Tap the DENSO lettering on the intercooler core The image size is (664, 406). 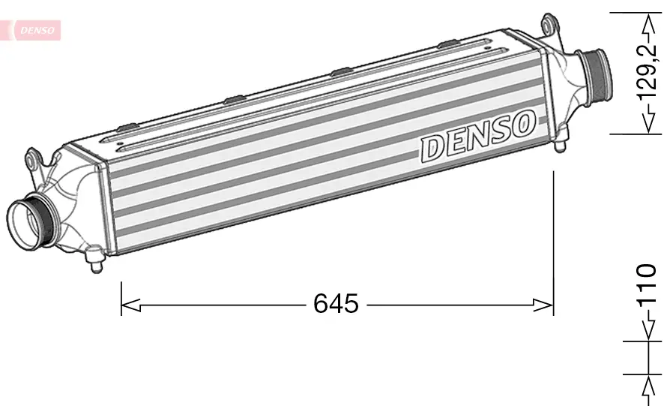(478, 136)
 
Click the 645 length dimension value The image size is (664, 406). (336, 304)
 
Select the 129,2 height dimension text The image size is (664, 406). (645, 72)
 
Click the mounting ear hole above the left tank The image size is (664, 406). (31, 159)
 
